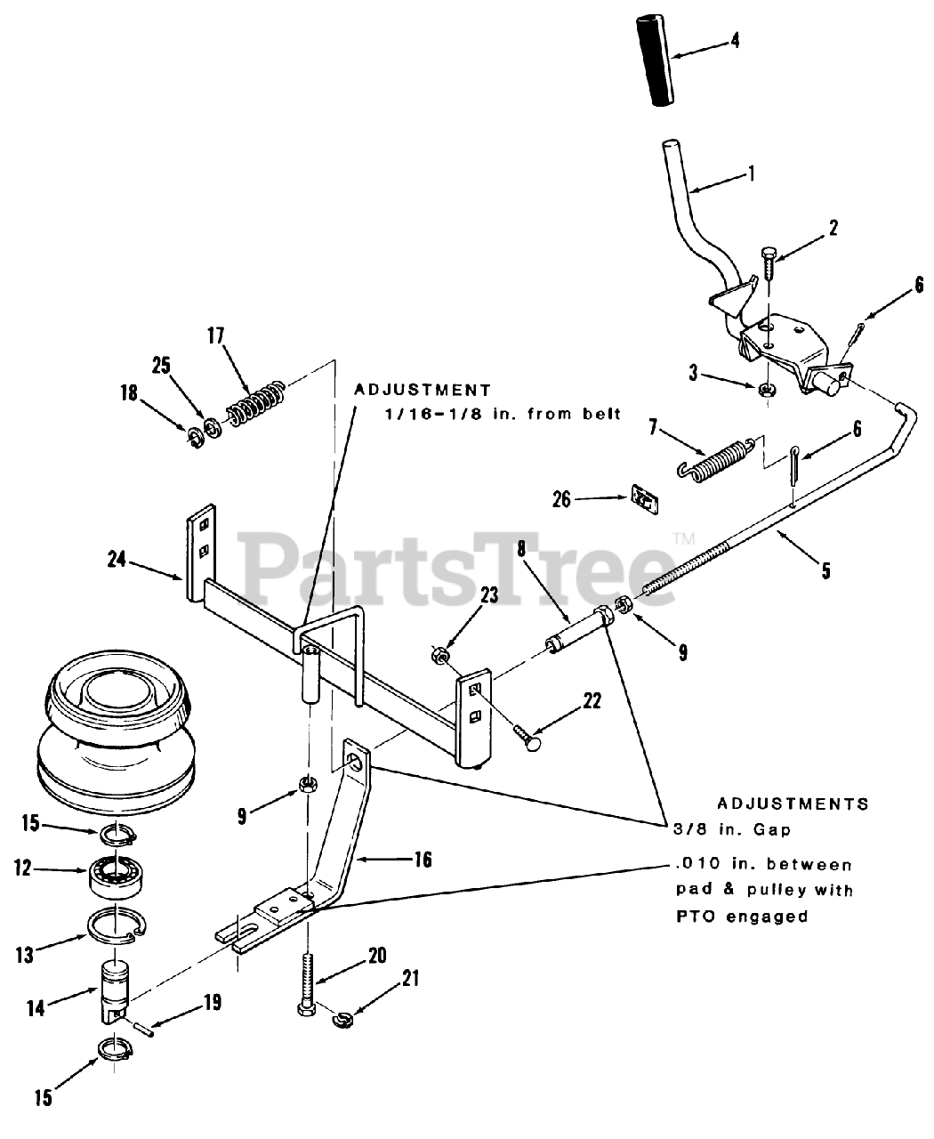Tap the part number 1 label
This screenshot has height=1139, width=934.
(x=751, y=174)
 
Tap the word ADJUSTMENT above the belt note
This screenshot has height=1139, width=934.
(x=423, y=390)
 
